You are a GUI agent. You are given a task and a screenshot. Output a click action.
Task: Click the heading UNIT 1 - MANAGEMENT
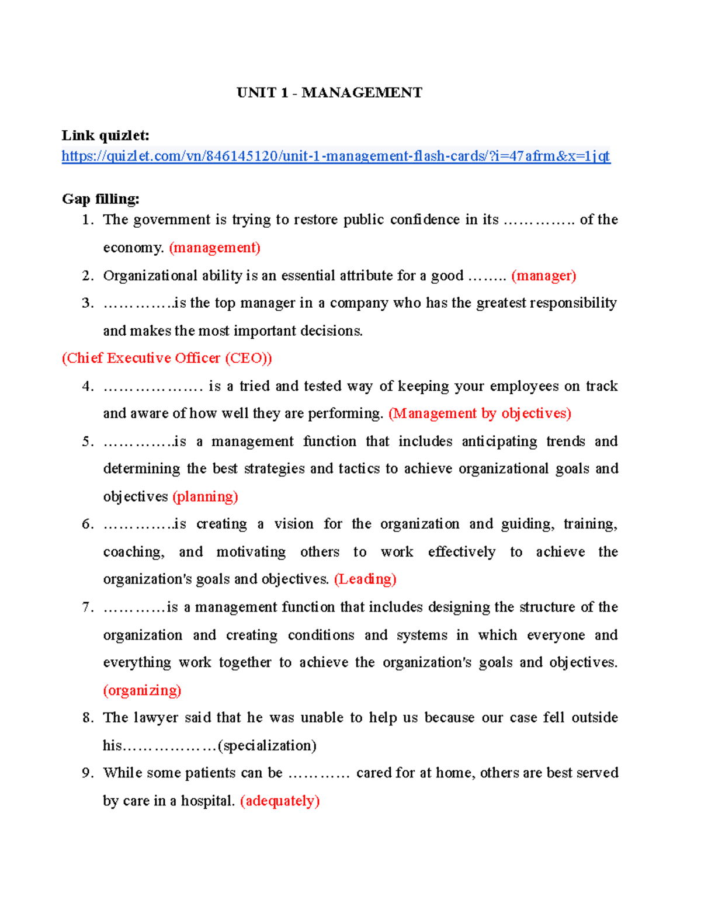click(329, 93)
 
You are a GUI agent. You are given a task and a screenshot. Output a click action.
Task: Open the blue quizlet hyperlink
click(336, 156)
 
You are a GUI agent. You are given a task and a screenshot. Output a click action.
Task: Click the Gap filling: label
click(100, 199)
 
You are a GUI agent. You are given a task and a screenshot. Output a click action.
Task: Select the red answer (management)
click(214, 248)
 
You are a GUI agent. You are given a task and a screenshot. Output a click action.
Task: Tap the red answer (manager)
click(543, 276)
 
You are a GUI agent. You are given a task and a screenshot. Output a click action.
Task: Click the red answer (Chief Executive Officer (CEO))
click(166, 358)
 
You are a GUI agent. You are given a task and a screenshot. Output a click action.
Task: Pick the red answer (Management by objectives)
click(480, 413)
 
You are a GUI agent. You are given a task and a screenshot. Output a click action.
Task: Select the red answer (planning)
click(205, 496)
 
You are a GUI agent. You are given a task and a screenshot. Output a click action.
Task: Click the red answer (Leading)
click(365, 579)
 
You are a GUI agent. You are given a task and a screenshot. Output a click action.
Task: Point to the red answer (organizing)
click(142, 690)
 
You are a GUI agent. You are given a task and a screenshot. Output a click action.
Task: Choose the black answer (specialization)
click(267, 746)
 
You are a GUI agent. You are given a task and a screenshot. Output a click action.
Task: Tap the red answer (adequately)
click(280, 801)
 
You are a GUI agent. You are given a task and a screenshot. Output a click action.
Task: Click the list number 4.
click(87, 387)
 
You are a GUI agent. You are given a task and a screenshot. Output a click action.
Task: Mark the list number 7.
click(87, 607)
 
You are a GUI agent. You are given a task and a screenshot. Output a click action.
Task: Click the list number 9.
click(87, 773)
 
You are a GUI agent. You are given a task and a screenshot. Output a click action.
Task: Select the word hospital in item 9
click(207, 801)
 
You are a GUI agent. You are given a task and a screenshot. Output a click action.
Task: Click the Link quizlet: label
click(106, 135)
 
